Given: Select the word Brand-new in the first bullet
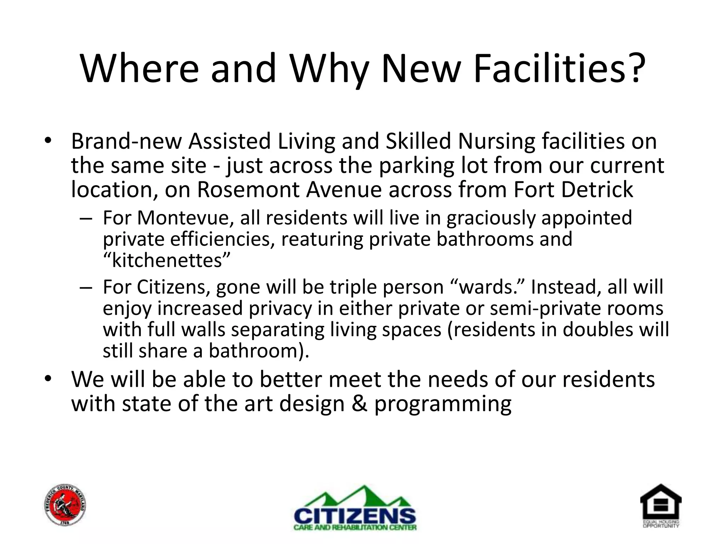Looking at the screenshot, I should point(126,142).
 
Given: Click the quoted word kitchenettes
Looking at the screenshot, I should point(167,261).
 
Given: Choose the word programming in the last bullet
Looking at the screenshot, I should point(443,404).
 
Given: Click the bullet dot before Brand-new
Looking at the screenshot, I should point(48,140).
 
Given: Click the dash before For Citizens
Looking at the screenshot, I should point(86,287).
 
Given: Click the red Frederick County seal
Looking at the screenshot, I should point(66,505).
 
